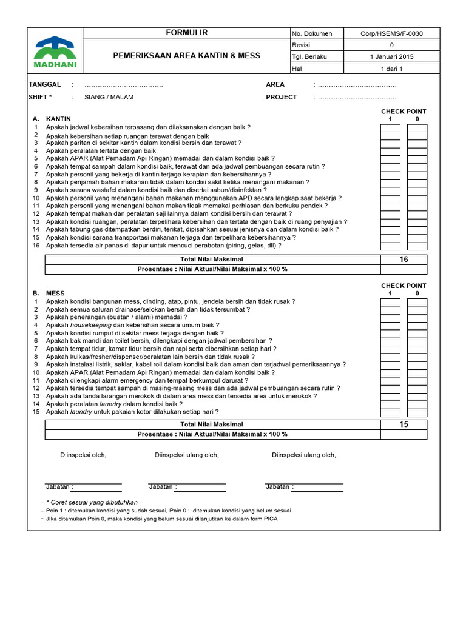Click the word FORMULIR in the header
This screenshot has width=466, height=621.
(x=187, y=33)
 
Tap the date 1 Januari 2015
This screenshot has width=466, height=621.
(x=391, y=56)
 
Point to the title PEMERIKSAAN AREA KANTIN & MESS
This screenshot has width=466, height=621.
(x=187, y=56)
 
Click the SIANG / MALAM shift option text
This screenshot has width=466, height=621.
(x=109, y=97)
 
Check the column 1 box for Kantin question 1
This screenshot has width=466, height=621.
(x=390, y=128)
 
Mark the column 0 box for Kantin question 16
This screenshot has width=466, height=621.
(x=417, y=246)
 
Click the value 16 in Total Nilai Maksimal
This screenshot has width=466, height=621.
(x=404, y=260)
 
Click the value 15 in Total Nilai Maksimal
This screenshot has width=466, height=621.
(x=404, y=425)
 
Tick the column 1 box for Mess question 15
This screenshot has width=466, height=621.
(x=390, y=412)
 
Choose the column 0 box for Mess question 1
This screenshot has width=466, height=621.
(x=417, y=301)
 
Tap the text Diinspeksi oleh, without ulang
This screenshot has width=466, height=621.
(x=83, y=455)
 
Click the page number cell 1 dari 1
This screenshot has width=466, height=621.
(x=391, y=69)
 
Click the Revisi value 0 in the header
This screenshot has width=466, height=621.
(x=391, y=45)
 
